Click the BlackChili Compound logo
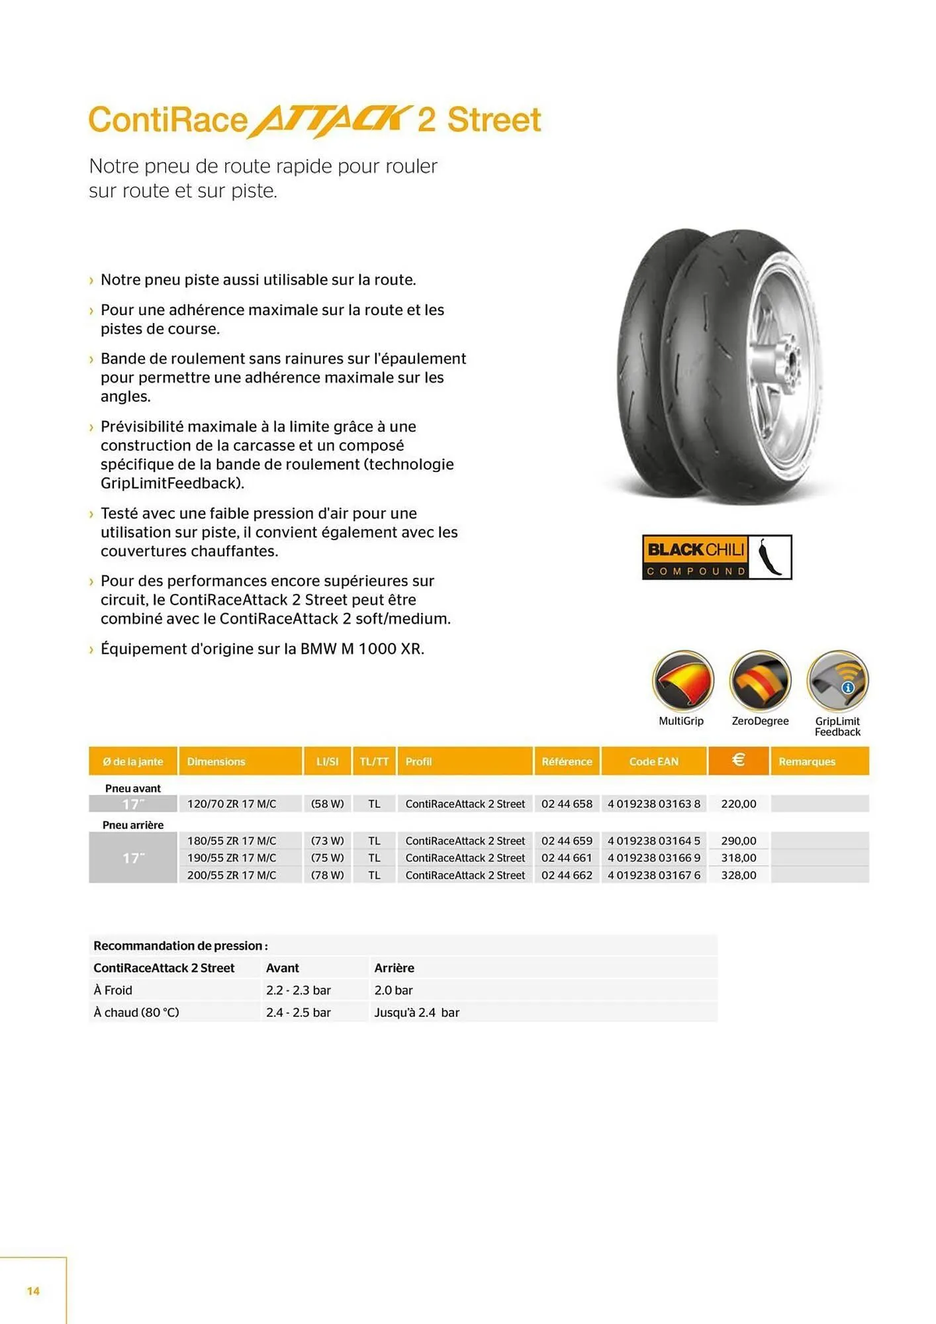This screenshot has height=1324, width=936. (x=716, y=557)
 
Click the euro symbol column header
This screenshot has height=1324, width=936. (x=738, y=761)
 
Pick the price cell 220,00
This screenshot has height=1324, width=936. (x=738, y=804)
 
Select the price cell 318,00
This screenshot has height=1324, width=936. (x=738, y=858)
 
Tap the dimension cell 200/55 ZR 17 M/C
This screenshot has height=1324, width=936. (x=232, y=875)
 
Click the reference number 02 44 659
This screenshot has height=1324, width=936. (x=567, y=841)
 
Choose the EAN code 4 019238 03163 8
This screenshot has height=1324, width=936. (x=653, y=804)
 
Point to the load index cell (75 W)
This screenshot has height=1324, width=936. (x=327, y=858)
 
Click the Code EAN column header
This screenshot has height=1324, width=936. (x=653, y=761)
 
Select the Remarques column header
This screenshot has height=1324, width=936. (x=806, y=761)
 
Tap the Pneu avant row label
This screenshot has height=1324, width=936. (x=133, y=788)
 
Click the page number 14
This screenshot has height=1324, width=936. (x=33, y=1291)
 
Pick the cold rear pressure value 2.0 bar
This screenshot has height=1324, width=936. (x=393, y=990)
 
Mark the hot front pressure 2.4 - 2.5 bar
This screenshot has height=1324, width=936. (x=298, y=1012)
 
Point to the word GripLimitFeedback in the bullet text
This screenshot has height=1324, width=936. (x=171, y=483)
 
